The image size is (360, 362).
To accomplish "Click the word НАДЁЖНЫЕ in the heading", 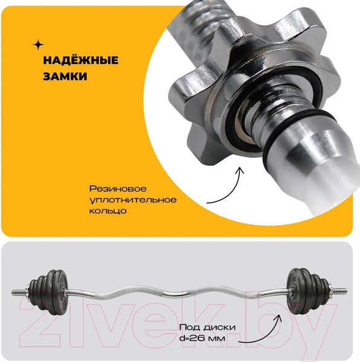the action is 81,60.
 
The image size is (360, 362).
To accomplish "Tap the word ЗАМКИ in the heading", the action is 65,76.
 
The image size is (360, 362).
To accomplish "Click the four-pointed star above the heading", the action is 39,45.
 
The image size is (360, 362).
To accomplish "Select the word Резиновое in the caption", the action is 118,189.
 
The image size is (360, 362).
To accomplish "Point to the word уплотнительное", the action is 133,200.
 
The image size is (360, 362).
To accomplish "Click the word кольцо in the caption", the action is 108,211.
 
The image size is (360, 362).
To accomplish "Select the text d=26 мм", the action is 202,338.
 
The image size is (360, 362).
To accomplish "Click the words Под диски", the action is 207,328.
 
